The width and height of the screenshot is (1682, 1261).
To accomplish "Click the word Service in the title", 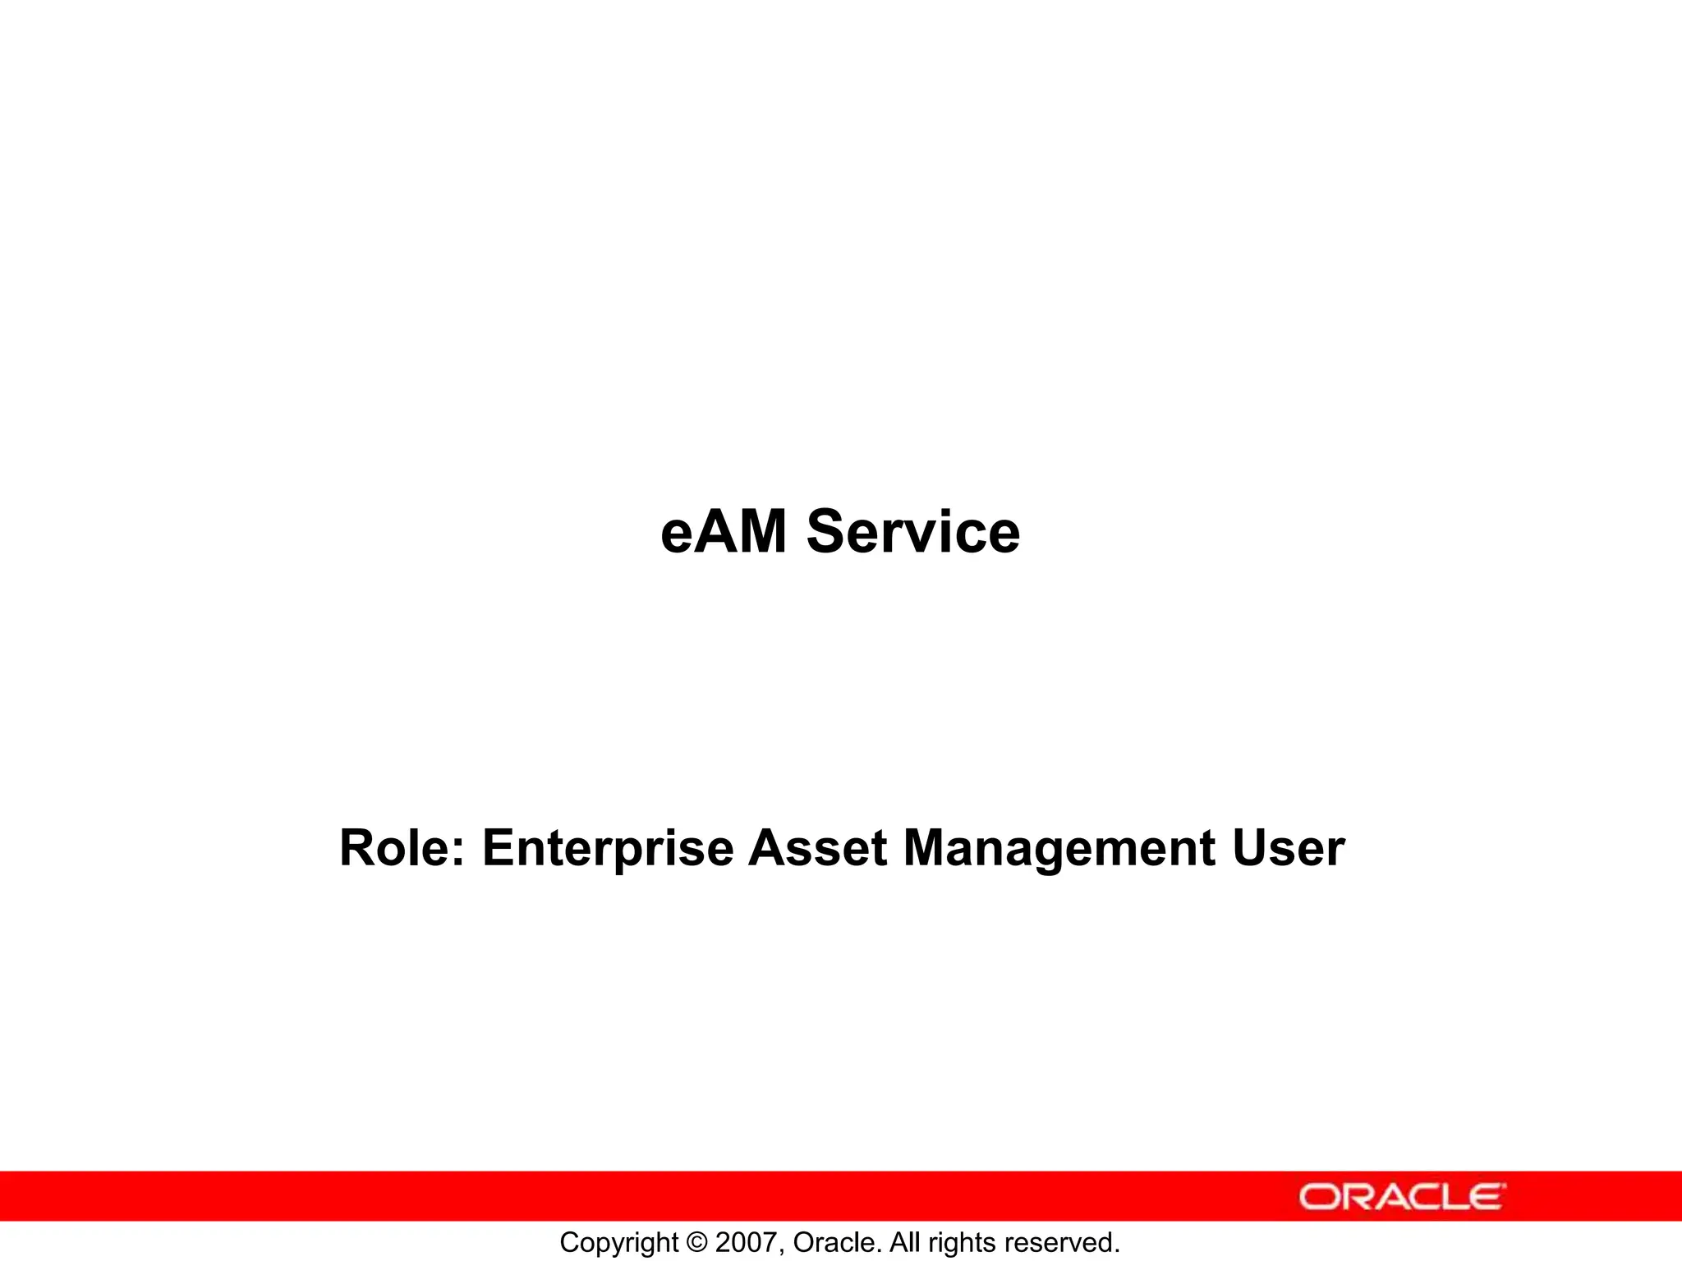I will click(912, 532).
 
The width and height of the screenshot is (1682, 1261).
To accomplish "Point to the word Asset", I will click(817, 848).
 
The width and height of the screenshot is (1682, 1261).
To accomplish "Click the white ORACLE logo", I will click(1402, 1197).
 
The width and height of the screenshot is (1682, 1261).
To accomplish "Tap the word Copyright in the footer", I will click(618, 1243).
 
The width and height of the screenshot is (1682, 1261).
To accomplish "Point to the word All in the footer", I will click(905, 1243).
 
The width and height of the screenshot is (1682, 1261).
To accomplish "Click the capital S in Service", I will click(827, 532).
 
